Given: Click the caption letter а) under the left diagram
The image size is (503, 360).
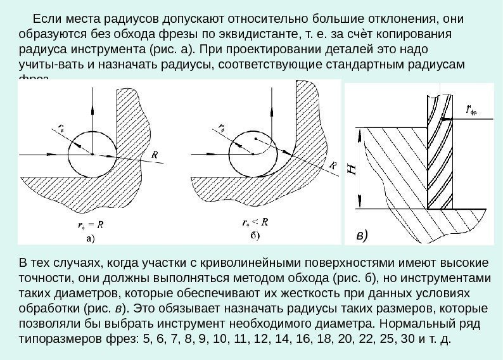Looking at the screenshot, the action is coord(90,240).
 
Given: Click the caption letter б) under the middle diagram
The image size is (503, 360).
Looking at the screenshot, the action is coord(253,236).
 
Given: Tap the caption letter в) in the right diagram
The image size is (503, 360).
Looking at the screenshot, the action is coord(362,236).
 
